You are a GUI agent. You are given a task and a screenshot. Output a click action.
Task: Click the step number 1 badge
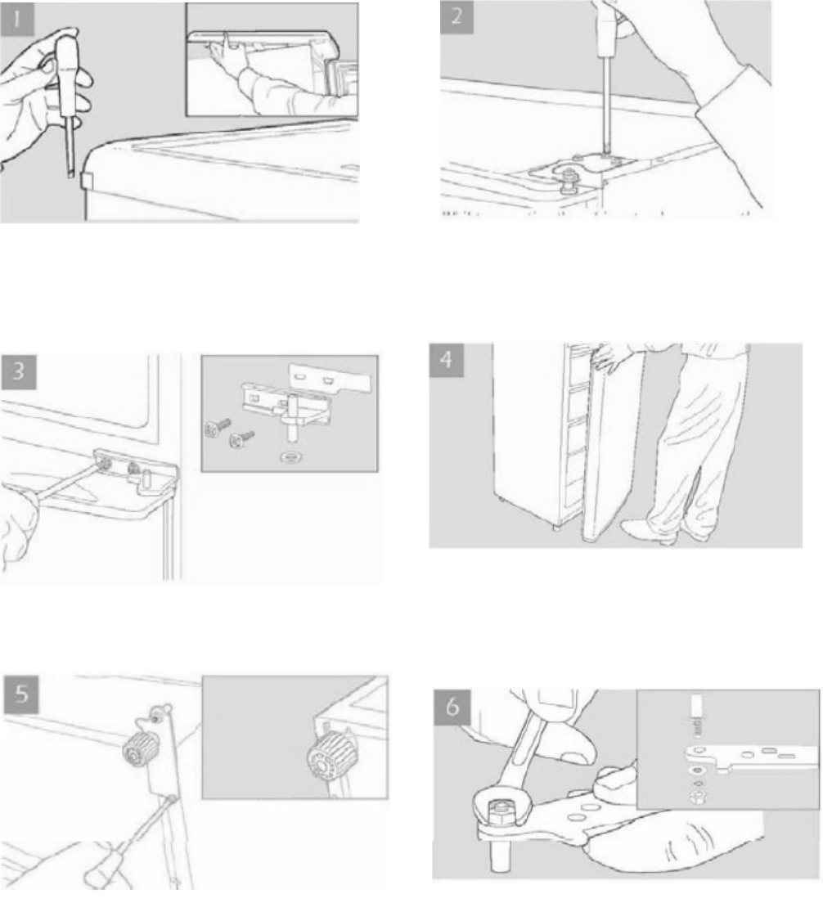point(17,19)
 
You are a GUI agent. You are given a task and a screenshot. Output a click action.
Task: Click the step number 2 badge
point(456,16)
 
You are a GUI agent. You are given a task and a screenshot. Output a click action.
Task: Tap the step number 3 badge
point(19,371)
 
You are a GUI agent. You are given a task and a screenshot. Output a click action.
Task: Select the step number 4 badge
point(447,360)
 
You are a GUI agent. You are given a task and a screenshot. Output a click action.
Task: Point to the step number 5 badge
point(21,694)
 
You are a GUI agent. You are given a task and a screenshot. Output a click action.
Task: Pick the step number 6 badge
point(452,706)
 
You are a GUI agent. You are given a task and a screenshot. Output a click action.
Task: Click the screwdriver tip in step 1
point(70,173)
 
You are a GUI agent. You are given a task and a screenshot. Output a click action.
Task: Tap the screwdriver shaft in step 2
point(606,105)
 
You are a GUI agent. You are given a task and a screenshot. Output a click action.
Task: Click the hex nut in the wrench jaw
point(499,813)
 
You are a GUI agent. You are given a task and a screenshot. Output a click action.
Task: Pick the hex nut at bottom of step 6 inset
point(695,797)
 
